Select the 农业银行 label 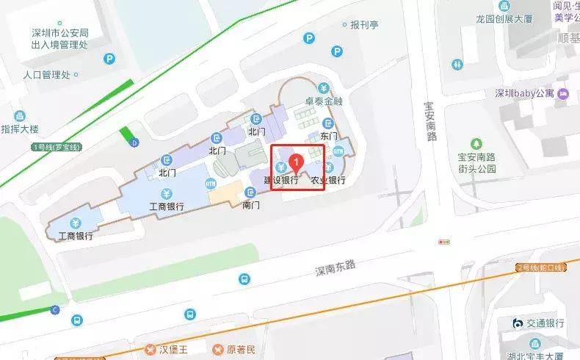tap(327, 180)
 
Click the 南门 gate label tap(251, 204)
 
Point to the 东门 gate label tap(328, 137)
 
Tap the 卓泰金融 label tap(324, 101)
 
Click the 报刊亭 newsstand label tap(363, 24)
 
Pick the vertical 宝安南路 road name tap(431, 121)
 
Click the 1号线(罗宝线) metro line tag tap(58, 146)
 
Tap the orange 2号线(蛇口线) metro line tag tap(543, 266)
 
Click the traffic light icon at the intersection tap(444, 241)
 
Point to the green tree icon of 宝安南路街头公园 tap(477, 143)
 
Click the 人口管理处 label tap(46, 75)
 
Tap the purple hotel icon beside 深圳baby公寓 tap(563, 93)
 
